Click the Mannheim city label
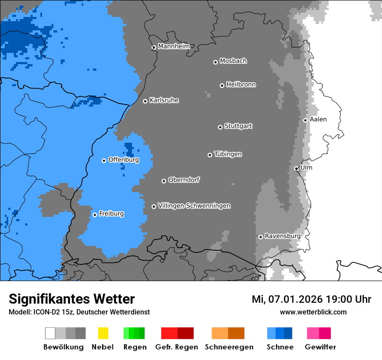(174, 46)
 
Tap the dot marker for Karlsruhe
(145, 101)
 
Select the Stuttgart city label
(238, 126)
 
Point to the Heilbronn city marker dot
(222, 85)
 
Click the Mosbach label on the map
(233, 61)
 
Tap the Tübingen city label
(228, 154)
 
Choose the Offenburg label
(124, 160)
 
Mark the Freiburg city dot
(95, 215)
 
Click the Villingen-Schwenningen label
(194, 206)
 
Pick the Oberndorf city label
(184, 180)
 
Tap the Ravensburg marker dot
(260, 237)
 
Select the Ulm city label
(306, 167)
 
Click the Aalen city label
(318, 119)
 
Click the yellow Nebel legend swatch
(103, 333)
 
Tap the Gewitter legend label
(320, 347)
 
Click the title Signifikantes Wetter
(72, 299)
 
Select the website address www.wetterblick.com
(313, 312)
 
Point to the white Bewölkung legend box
(50, 333)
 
